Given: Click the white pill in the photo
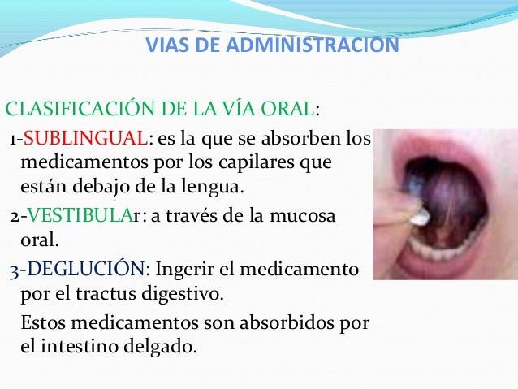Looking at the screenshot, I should point(419,217).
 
